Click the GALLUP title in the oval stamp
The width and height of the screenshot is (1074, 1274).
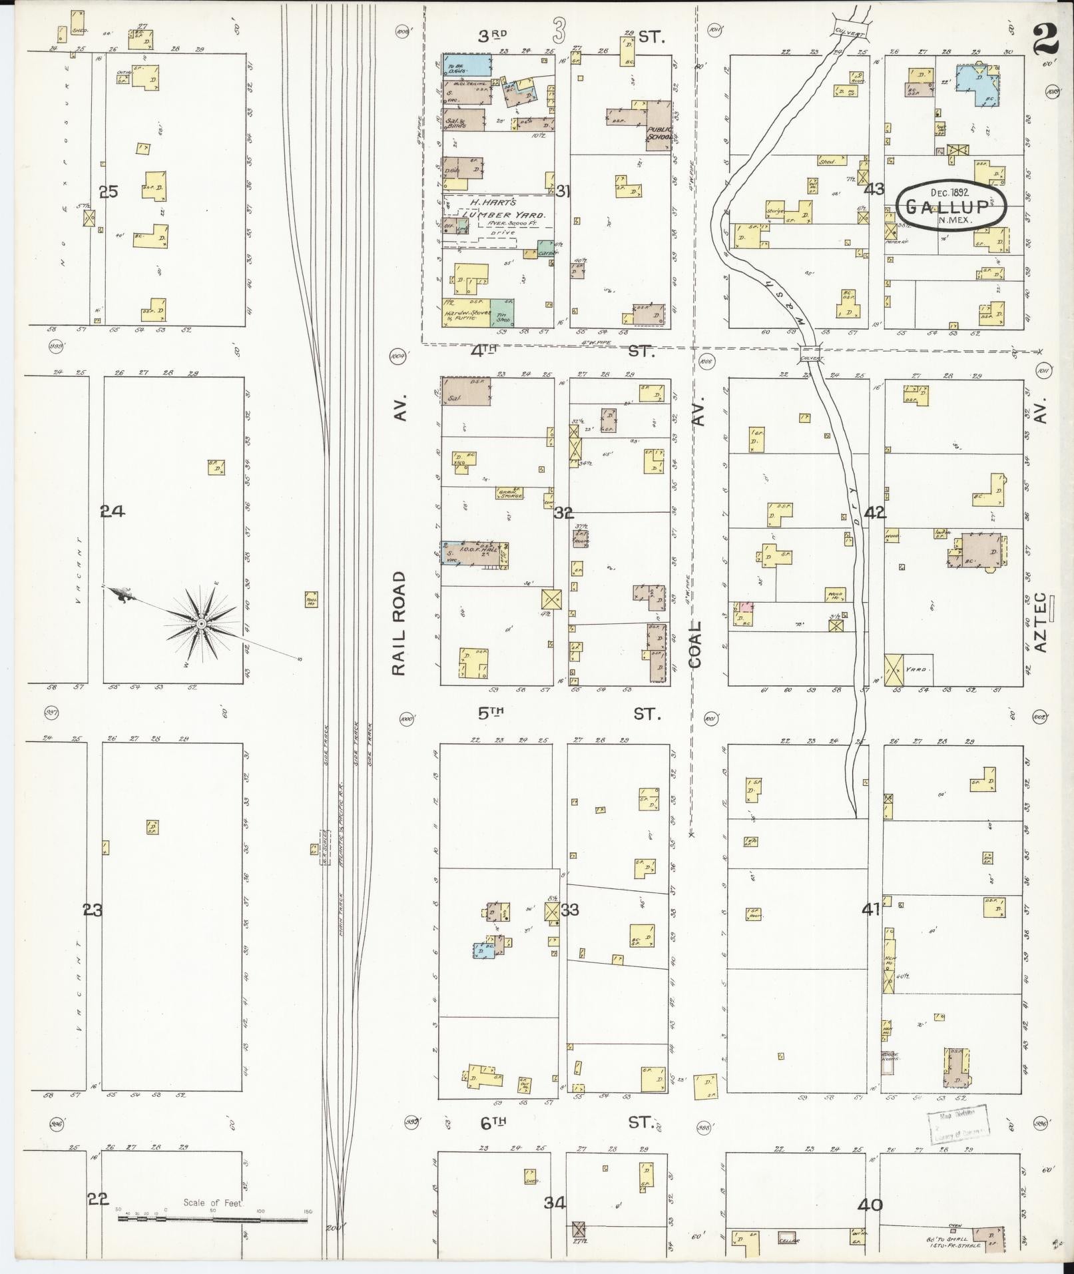(x=951, y=206)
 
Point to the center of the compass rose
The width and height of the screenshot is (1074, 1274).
(x=200, y=623)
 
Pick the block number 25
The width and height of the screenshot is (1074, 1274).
(x=108, y=192)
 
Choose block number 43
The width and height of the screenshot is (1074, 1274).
(x=874, y=190)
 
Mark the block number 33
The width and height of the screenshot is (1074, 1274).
(x=570, y=910)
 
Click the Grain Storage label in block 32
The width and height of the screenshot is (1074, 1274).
(x=510, y=493)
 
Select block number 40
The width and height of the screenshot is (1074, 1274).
(x=870, y=1205)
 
